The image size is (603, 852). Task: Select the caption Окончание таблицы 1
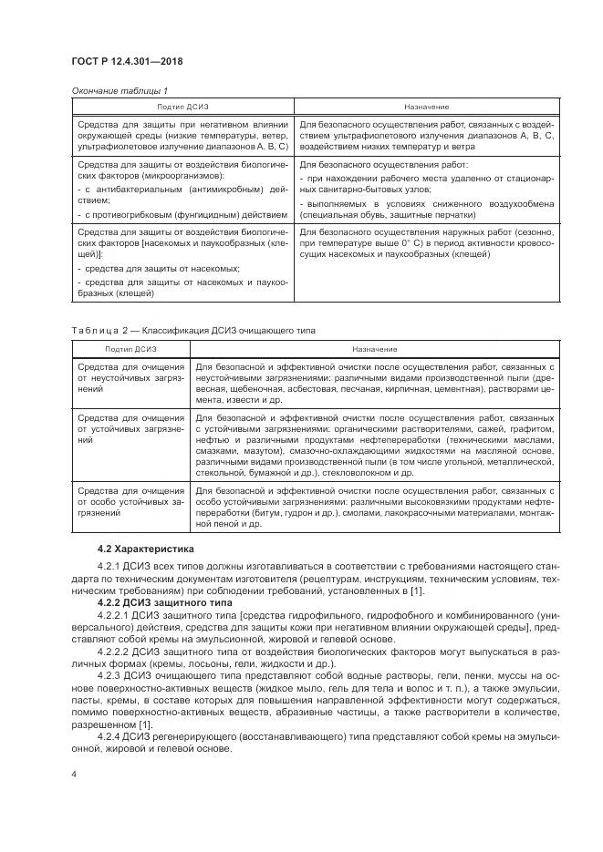[x=118, y=91]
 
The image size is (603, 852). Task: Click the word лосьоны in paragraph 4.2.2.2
[x=213, y=664]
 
